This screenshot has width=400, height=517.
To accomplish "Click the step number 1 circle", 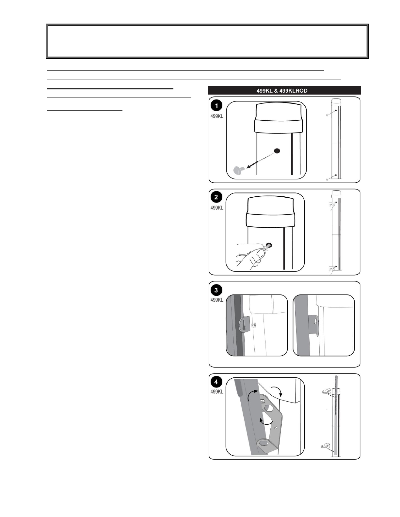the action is coord(216,106).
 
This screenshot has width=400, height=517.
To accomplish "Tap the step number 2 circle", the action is coord(216,198).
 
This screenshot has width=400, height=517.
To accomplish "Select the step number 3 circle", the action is coord(216,290).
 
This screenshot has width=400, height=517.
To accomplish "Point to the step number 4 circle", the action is coord(216,382).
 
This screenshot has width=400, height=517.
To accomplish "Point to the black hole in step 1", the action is coord(277,151).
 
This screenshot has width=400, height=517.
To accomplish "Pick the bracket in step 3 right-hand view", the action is coord(314,326).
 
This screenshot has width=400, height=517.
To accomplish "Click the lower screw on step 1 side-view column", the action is coord(328,179).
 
